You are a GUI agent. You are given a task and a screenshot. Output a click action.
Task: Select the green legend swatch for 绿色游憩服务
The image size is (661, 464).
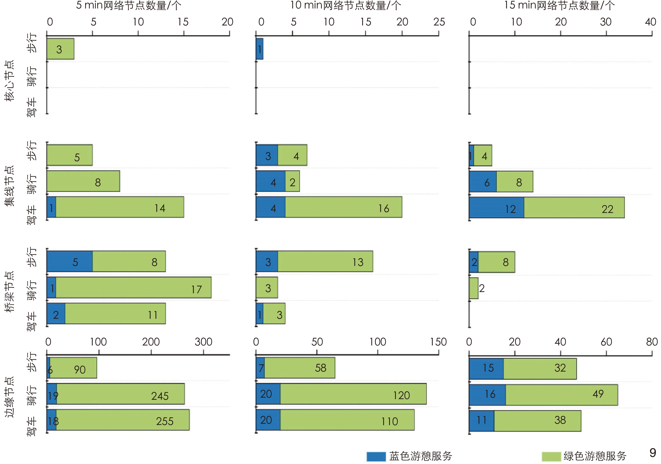coord(551,456)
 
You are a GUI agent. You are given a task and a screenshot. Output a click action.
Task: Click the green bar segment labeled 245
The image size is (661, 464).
coord(120,394)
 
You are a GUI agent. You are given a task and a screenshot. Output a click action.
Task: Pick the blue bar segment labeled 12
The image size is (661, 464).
coord(496,207)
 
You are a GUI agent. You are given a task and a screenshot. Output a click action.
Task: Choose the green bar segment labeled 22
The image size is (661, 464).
coord(574,207)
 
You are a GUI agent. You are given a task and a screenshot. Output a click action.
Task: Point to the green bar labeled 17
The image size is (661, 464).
coord(133,287)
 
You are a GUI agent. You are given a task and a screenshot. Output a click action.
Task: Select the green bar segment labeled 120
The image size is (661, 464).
coord(353,394)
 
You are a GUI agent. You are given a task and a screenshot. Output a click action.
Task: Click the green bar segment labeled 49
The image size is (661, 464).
coord(561,395)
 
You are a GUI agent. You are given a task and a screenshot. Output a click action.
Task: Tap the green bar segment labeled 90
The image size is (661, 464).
coord(73,368)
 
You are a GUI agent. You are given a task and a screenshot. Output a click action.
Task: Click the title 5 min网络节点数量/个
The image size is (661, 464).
coord(128,6)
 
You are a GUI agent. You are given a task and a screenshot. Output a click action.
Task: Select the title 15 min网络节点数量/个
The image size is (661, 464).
coord(559,6)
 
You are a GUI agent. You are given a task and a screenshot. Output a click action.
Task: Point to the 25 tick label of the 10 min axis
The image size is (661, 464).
coord(439,22)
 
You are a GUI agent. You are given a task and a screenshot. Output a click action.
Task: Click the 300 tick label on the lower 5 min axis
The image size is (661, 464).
coord(203,342)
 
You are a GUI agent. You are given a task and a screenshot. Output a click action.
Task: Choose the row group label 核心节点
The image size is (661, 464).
coord(9,81)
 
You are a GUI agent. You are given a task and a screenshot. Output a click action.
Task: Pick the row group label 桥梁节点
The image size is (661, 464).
coord(9,292)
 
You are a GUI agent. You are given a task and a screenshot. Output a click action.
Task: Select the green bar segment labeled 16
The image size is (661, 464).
coord(343,207)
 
